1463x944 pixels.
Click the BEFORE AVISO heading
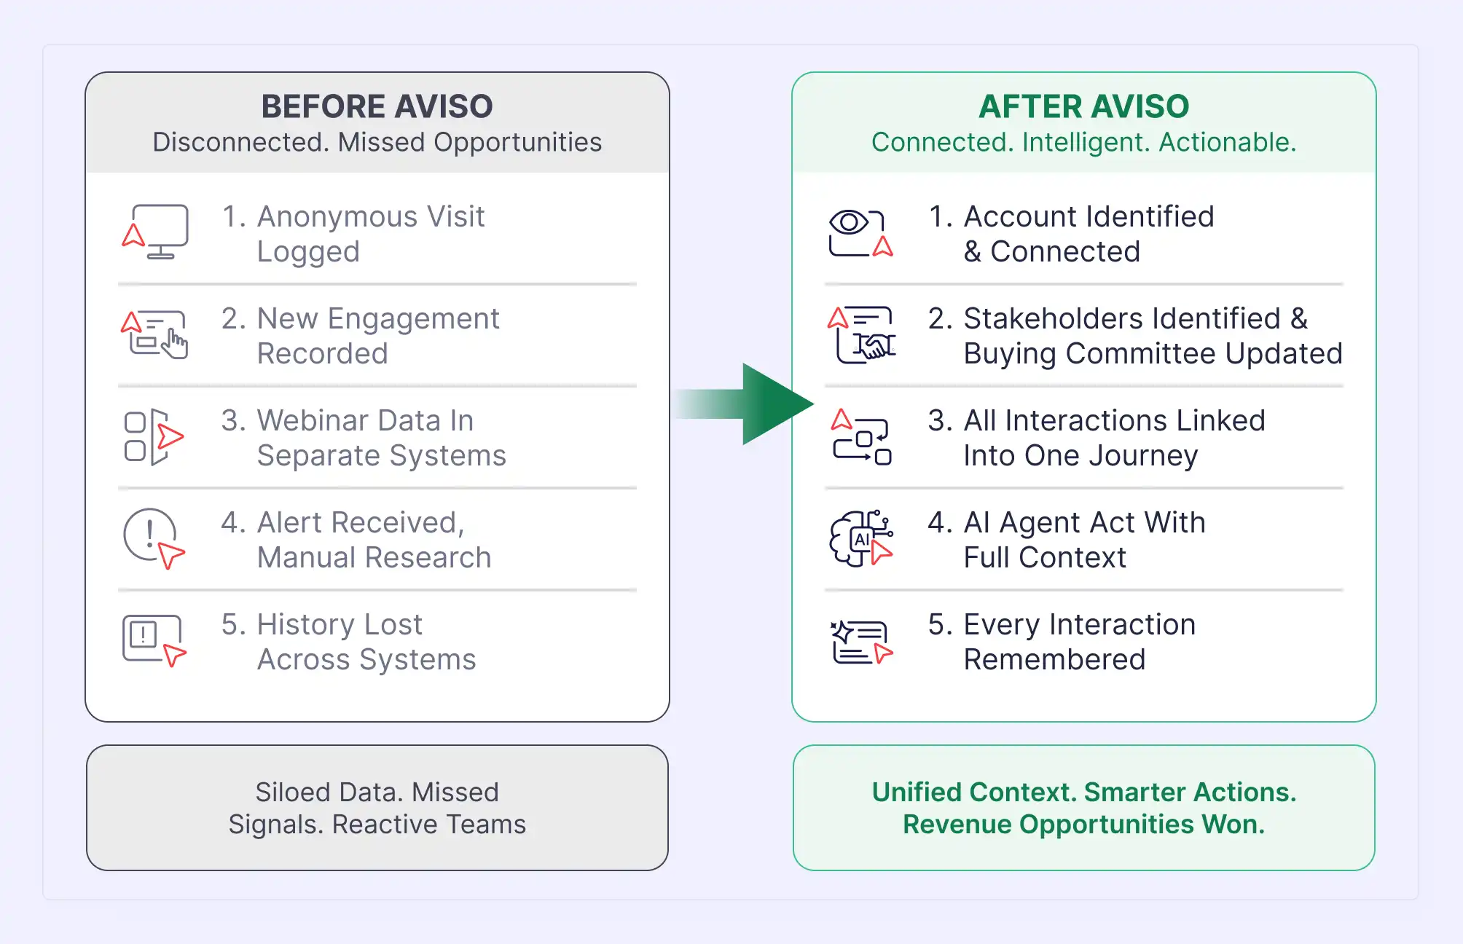[377, 106]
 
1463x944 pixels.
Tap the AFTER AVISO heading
[1083, 106]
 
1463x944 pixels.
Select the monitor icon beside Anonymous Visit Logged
[155, 232]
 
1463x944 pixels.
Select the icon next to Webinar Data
[154, 437]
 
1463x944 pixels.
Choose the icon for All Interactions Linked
[861, 437]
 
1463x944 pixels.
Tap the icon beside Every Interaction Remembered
[861, 642]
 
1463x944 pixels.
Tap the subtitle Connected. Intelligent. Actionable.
[1083, 142]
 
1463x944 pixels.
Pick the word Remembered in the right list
[1054, 659]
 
